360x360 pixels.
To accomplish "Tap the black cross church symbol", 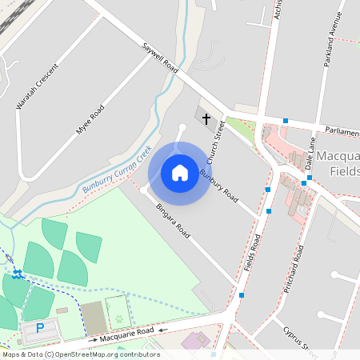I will (206, 119).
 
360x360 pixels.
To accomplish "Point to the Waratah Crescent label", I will (32, 86).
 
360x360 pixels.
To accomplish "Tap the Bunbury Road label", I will (219, 185).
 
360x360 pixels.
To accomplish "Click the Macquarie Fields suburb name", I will (338, 162).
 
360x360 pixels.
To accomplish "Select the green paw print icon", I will (119, 318).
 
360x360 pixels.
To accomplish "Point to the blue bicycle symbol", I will (18, 274).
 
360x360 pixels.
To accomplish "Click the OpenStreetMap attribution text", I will (81, 354).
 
